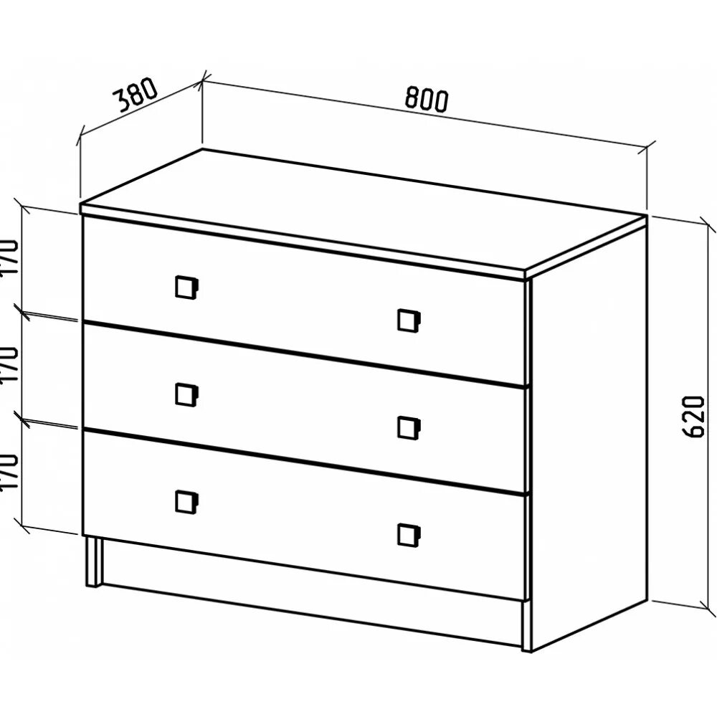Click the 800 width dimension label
426,98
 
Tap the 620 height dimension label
691,416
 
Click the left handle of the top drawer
186,287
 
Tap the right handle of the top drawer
409,320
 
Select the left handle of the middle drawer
186,394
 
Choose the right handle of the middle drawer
409,427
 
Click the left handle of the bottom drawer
186,501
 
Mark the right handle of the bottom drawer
409,535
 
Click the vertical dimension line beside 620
706,416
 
